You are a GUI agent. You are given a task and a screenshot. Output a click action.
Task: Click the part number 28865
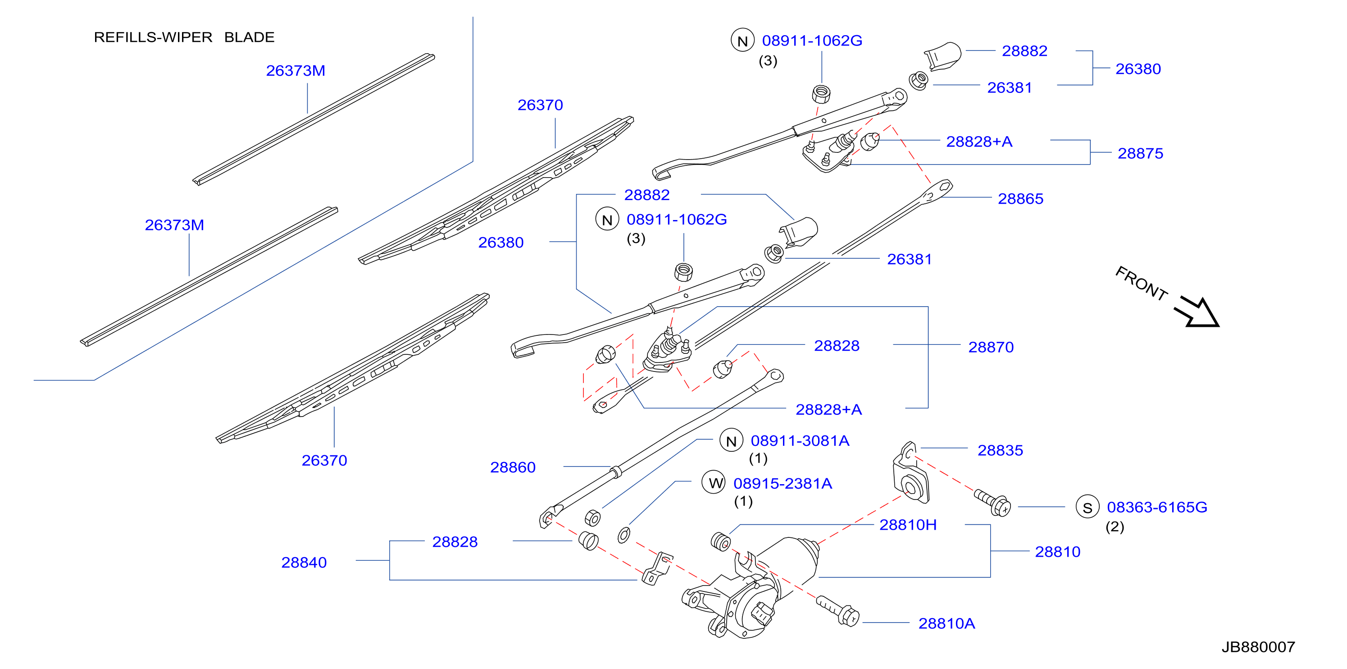(1020, 199)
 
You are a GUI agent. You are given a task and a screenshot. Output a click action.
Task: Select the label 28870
(991, 347)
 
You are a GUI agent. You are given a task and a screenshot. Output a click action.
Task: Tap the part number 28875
(1141, 153)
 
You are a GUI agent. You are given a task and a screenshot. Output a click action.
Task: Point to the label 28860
(513, 467)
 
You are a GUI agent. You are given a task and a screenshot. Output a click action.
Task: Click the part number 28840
(304, 562)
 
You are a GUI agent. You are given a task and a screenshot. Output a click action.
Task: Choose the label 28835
(1000, 450)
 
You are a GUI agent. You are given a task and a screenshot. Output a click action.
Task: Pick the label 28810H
(908, 525)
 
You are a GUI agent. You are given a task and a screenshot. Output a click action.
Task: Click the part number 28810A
(947, 623)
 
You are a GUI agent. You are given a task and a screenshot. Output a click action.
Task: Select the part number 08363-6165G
(1157, 507)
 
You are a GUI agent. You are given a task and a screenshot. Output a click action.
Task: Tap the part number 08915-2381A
(783, 483)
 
